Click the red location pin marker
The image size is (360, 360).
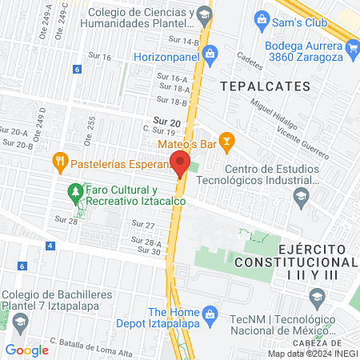tap(180, 163)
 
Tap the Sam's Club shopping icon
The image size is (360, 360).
tap(260, 18)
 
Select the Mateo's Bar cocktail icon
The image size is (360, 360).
tap(227, 143)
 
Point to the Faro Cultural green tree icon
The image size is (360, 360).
tap(75, 191)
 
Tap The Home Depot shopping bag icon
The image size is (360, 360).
tap(210, 312)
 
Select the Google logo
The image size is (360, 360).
tap(27, 350)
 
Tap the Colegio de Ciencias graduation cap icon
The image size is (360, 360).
tap(205, 14)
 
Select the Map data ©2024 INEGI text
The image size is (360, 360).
tap(313, 354)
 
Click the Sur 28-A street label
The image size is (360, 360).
tap(146, 242)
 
